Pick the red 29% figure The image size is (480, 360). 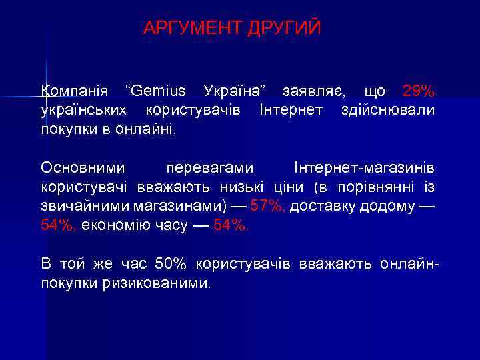pyautogui.click(x=419, y=91)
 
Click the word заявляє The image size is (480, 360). pyautogui.click(x=313, y=91)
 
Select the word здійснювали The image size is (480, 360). pyautogui.click(x=388, y=109)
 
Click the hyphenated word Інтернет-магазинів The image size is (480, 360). pyautogui.click(x=364, y=167)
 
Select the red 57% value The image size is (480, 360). pyautogui.click(x=267, y=205)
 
